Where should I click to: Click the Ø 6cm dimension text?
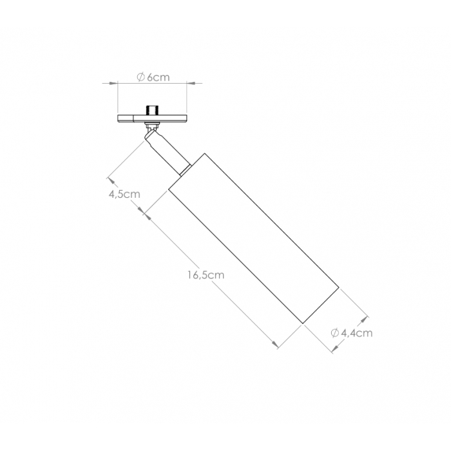[153, 77]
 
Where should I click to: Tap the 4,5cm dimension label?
[124, 194]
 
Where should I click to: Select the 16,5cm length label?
[206, 275]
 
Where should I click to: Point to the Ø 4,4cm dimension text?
[352, 333]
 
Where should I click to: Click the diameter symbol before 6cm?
[140, 77]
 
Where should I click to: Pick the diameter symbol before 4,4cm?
[335, 333]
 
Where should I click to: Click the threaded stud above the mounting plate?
[152, 110]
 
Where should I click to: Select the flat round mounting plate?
[153, 118]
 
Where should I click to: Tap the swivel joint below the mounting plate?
[152, 126]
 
